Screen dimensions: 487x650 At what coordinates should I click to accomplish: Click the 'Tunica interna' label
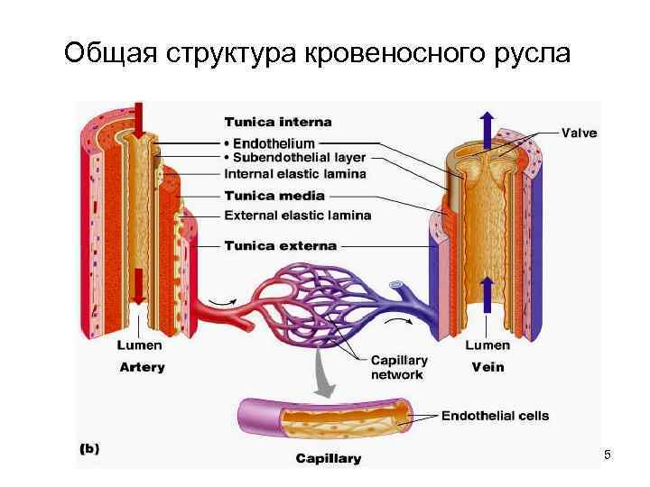[277, 122]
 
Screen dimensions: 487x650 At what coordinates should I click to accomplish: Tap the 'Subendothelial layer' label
[288, 158]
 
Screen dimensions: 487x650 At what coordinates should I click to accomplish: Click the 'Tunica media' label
[274, 196]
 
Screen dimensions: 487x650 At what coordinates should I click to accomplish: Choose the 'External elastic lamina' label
[297, 216]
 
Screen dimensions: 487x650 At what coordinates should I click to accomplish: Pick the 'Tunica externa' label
[279, 245]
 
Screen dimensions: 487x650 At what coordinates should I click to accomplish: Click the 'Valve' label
[579, 133]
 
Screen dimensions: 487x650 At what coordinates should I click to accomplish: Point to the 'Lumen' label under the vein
[487, 345]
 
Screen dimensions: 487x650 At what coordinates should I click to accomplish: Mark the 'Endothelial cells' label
[495, 416]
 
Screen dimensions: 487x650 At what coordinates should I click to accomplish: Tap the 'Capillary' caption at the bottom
[329, 458]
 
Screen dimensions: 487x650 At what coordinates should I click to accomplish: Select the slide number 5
[608, 455]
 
